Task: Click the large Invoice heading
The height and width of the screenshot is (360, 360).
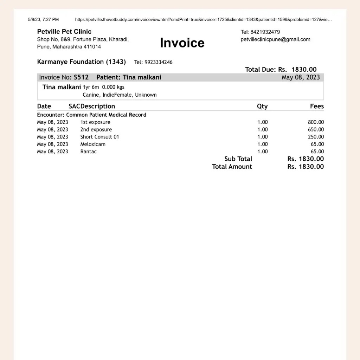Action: [x=182, y=43]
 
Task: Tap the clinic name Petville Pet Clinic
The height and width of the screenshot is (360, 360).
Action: [x=64, y=32]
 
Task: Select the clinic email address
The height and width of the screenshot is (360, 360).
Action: [x=275, y=39]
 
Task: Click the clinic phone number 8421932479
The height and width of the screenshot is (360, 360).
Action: [x=265, y=32]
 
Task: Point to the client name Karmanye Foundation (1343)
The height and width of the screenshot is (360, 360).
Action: [x=81, y=62]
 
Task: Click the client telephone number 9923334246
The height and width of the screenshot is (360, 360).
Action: [x=158, y=62]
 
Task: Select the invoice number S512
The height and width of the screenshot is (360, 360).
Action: [x=81, y=77]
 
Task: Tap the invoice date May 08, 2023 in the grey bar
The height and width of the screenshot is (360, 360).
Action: [x=301, y=77]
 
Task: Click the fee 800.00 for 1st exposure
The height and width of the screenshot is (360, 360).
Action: [x=316, y=122]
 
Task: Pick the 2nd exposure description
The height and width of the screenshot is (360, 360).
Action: [x=96, y=130]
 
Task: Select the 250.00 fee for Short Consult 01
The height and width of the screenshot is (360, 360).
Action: [x=316, y=137]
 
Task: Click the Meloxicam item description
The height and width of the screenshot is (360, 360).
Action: [x=93, y=144]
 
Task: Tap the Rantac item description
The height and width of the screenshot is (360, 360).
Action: [x=88, y=152]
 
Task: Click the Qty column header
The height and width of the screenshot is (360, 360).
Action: [x=262, y=107]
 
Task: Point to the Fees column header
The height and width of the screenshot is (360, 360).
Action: [x=317, y=107]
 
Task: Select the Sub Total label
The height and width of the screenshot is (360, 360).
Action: [x=238, y=159]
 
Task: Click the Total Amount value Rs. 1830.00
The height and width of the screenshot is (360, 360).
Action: [x=306, y=167]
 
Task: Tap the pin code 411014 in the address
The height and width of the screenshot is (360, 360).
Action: [x=92, y=47]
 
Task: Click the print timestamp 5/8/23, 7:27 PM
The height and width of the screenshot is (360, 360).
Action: [x=43, y=20]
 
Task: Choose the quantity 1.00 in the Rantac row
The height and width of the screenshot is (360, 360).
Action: [x=262, y=152]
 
